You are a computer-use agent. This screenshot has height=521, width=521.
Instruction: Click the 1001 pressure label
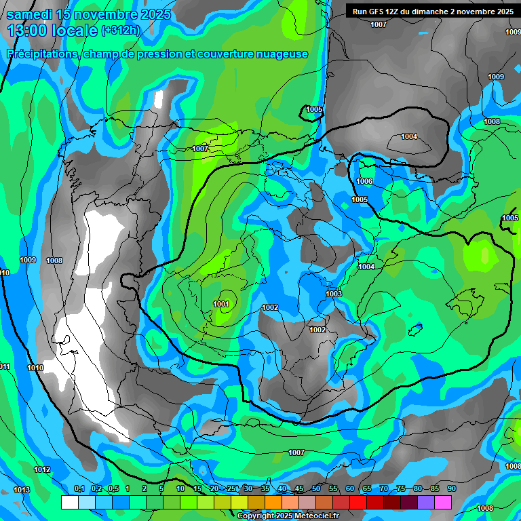pyautogui.click(x=221, y=304)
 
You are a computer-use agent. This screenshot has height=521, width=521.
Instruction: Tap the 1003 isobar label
pyautogui.click(x=334, y=294)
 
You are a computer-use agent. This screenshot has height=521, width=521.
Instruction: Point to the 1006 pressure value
pyautogui.click(x=364, y=182)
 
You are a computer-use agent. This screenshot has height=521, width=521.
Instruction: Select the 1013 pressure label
pyautogui.click(x=22, y=490)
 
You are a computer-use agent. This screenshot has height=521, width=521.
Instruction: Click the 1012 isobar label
pyautogui.click(x=42, y=469)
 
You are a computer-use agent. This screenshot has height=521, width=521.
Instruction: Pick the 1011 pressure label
pyautogui.click(x=5, y=367)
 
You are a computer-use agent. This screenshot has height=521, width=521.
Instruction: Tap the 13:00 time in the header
pyautogui.click(x=34, y=31)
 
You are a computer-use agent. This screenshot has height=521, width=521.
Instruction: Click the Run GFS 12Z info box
pyautogui.click(x=430, y=11)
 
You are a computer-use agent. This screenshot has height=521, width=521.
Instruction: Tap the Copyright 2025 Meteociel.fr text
pyautogui.click(x=288, y=516)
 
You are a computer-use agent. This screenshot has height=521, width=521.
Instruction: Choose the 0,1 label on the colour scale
pyautogui.click(x=79, y=489)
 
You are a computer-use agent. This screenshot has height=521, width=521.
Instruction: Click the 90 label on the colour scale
pyautogui.click(x=451, y=489)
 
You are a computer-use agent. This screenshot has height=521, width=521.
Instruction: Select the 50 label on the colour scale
pyautogui.click(x=316, y=489)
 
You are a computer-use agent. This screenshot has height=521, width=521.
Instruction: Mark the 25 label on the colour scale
pyautogui.click(x=231, y=489)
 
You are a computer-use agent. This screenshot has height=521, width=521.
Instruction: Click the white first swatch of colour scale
pyautogui.click(x=69, y=502)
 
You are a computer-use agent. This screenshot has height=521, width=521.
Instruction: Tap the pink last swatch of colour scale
pyautogui.click(x=442, y=502)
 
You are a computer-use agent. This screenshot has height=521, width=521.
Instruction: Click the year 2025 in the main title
pyautogui.click(x=155, y=14)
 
